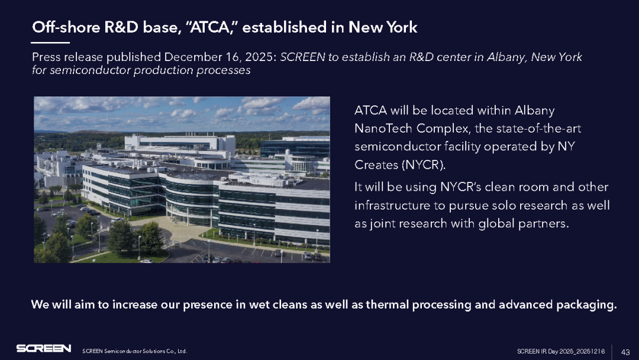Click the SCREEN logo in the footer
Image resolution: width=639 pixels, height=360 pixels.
click(44, 348)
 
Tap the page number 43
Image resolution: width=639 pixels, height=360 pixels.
click(625, 352)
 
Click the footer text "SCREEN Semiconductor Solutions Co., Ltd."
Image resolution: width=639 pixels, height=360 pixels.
click(134, 351)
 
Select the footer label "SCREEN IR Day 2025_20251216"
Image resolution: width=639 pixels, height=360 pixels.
click(561, 352)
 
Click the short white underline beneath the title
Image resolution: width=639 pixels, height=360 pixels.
click(50, 43)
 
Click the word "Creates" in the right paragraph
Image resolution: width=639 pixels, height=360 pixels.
click(376, 165)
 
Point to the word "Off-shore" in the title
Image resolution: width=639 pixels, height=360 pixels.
click(66, 27)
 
